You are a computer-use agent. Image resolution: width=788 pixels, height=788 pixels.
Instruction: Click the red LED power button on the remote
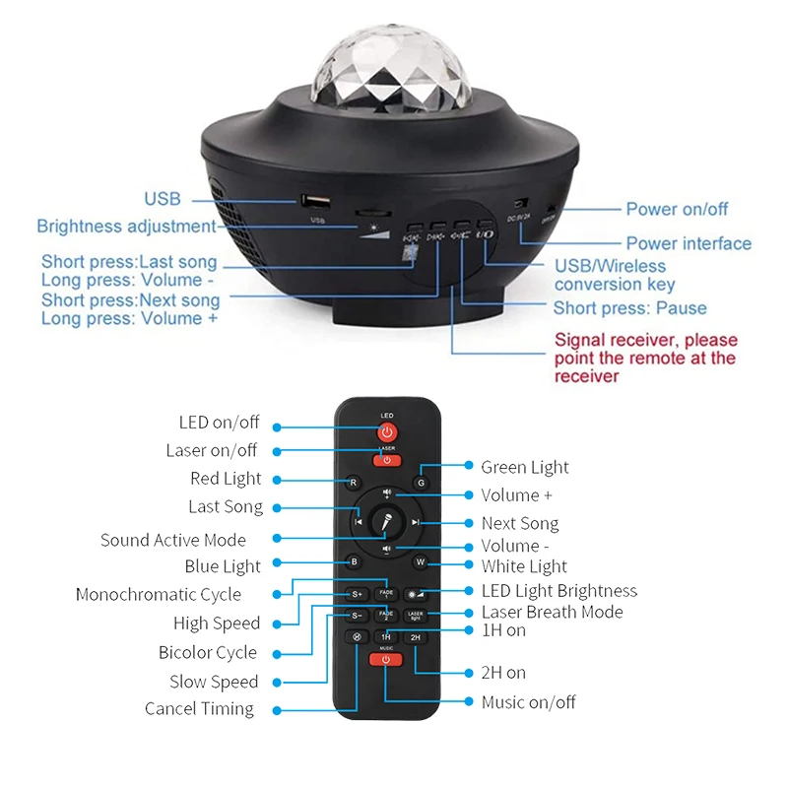point(386,433)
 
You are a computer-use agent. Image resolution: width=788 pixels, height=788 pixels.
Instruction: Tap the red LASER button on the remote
point(386,460)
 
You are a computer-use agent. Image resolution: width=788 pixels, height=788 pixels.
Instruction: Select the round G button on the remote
point(421,483)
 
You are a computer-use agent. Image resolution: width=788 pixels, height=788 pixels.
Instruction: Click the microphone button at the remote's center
point(387,522)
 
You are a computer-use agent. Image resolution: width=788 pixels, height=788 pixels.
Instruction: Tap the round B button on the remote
point(355,562)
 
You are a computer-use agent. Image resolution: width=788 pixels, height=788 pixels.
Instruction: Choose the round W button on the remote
point(420,562)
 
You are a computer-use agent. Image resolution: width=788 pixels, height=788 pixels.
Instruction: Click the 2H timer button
point(416,637)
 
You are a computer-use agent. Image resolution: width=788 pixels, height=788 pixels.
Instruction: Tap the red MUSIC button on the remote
point(386,660)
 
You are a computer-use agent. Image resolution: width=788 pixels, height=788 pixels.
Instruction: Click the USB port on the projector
point(316,200)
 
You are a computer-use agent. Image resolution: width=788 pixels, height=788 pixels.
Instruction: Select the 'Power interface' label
point(689,243)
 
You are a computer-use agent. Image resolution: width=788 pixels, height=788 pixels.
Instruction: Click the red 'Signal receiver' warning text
point(645,358)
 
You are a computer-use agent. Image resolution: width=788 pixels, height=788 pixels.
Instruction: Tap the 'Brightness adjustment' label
point(126,227)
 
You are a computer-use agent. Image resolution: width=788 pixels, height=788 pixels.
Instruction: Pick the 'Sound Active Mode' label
point(173,540)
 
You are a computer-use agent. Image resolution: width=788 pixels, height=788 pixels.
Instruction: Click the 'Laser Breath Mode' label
point(552,612)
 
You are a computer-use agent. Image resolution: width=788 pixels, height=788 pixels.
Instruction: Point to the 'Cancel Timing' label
point(199,708)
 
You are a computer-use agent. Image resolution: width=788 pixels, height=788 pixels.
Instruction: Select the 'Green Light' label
point(525,467)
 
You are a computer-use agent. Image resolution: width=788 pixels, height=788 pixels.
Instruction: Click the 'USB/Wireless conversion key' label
point(615,275)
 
